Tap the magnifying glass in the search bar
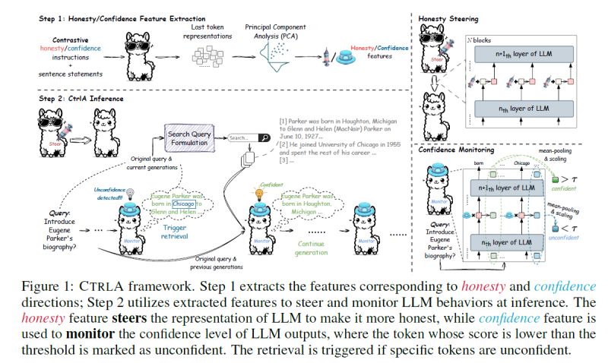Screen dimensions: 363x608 coord(264,137)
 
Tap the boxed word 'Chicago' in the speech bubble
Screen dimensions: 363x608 coord(184,203)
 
